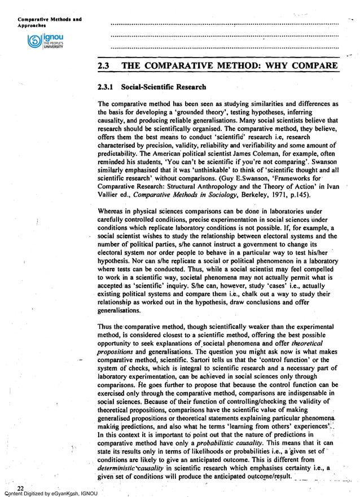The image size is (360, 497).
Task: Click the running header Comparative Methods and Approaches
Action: pyautogui.click(x=42, y=23)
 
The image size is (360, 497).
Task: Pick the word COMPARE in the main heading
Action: pyautogui.click(x=314, y=66)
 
